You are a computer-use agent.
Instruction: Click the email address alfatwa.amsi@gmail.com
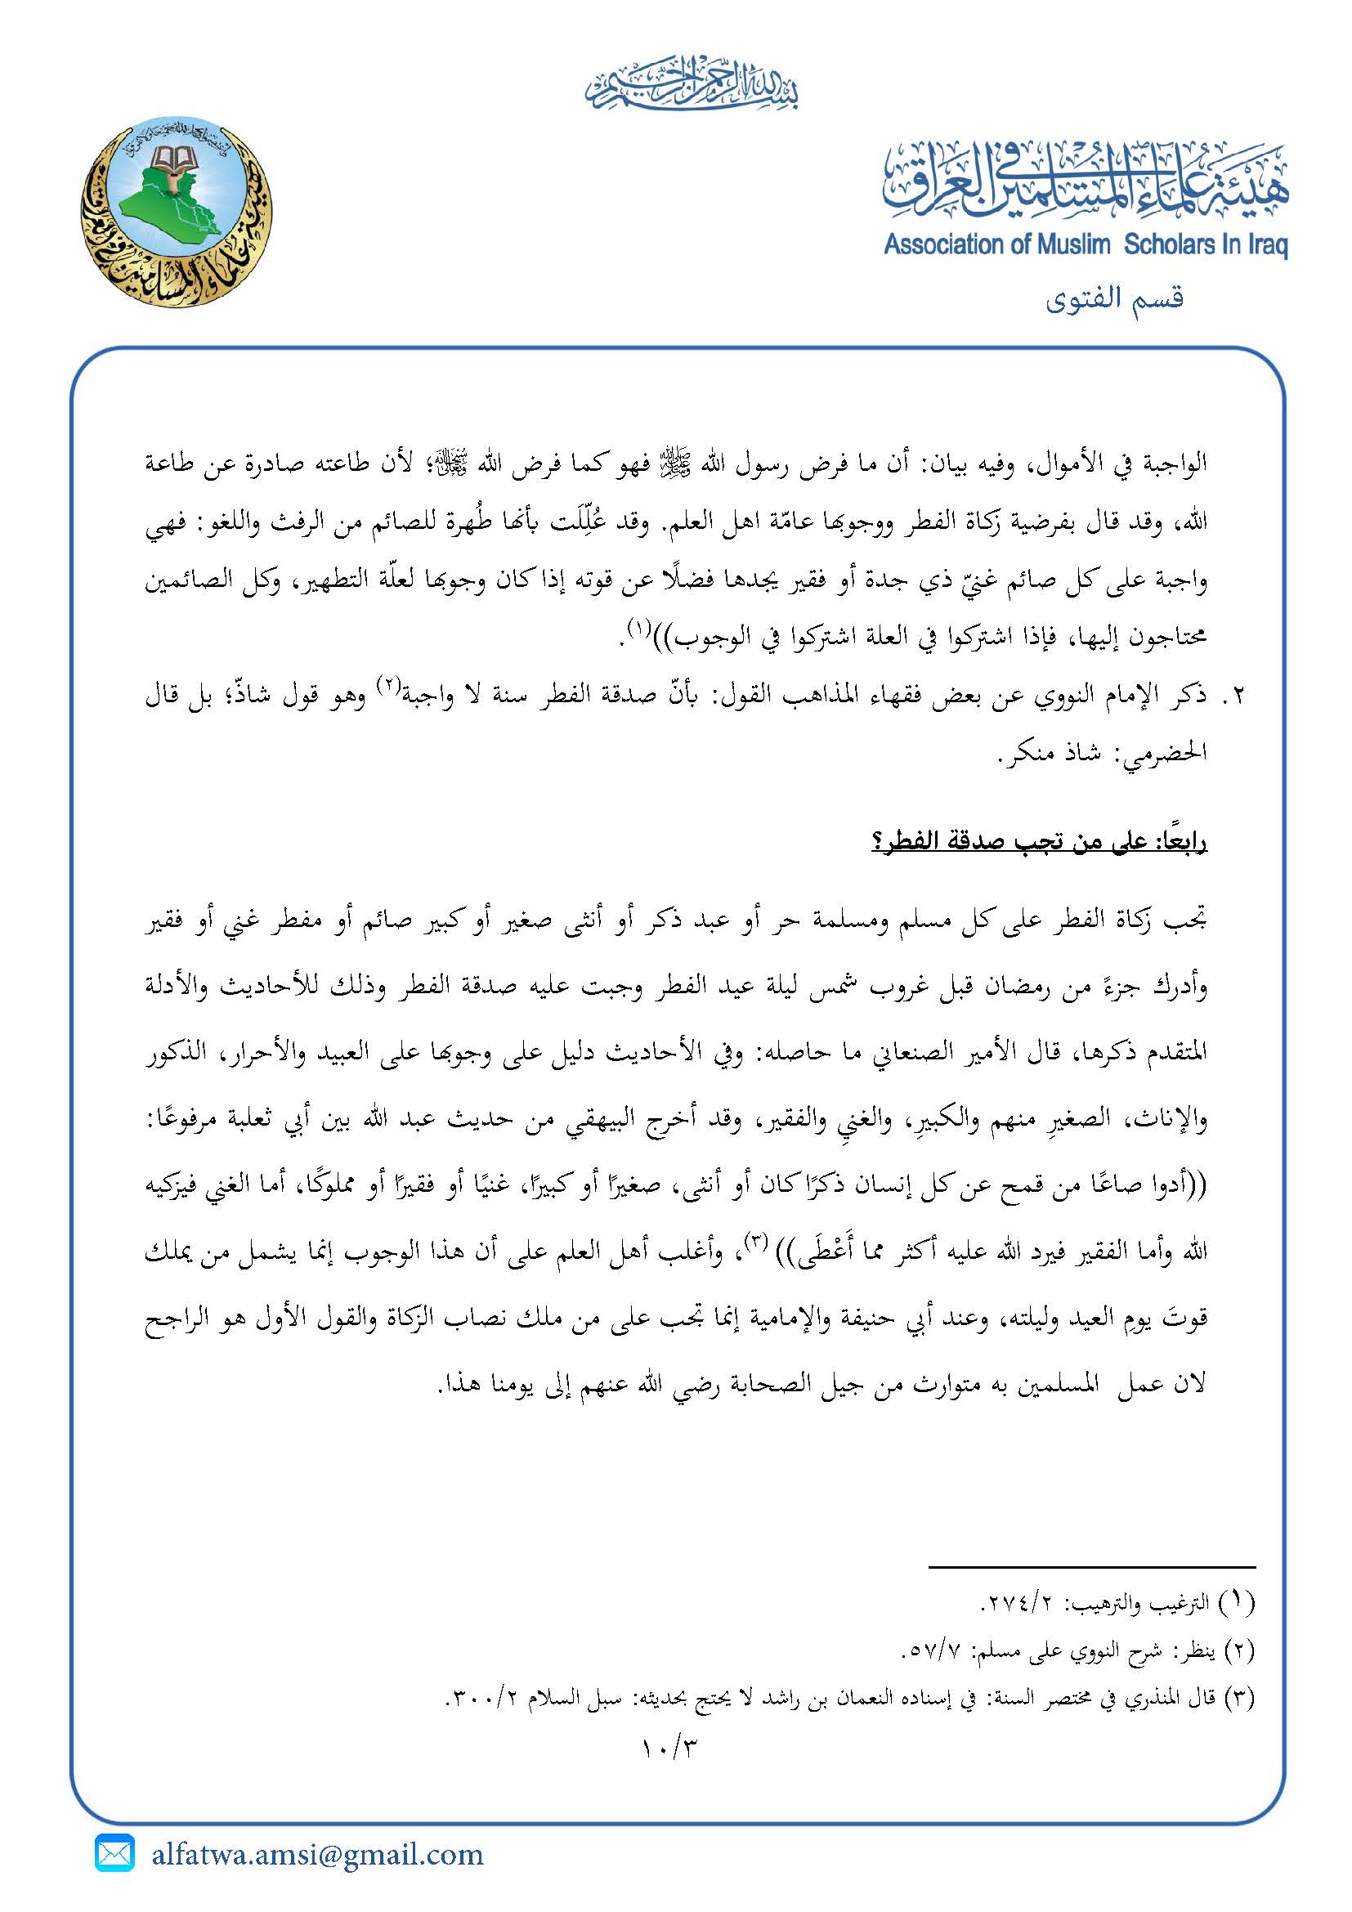click(x=317, y=1856)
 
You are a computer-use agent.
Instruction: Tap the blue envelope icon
click(x=115, y=1855)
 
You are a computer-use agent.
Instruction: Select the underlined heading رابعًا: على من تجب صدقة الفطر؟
click(x=1039, y=843)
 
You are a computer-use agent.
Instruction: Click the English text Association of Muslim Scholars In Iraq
click(x=1086, y=245)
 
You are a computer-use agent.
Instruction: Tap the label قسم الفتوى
click(x=1114, y=298)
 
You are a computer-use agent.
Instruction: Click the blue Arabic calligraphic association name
click(x=1086, y=179)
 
